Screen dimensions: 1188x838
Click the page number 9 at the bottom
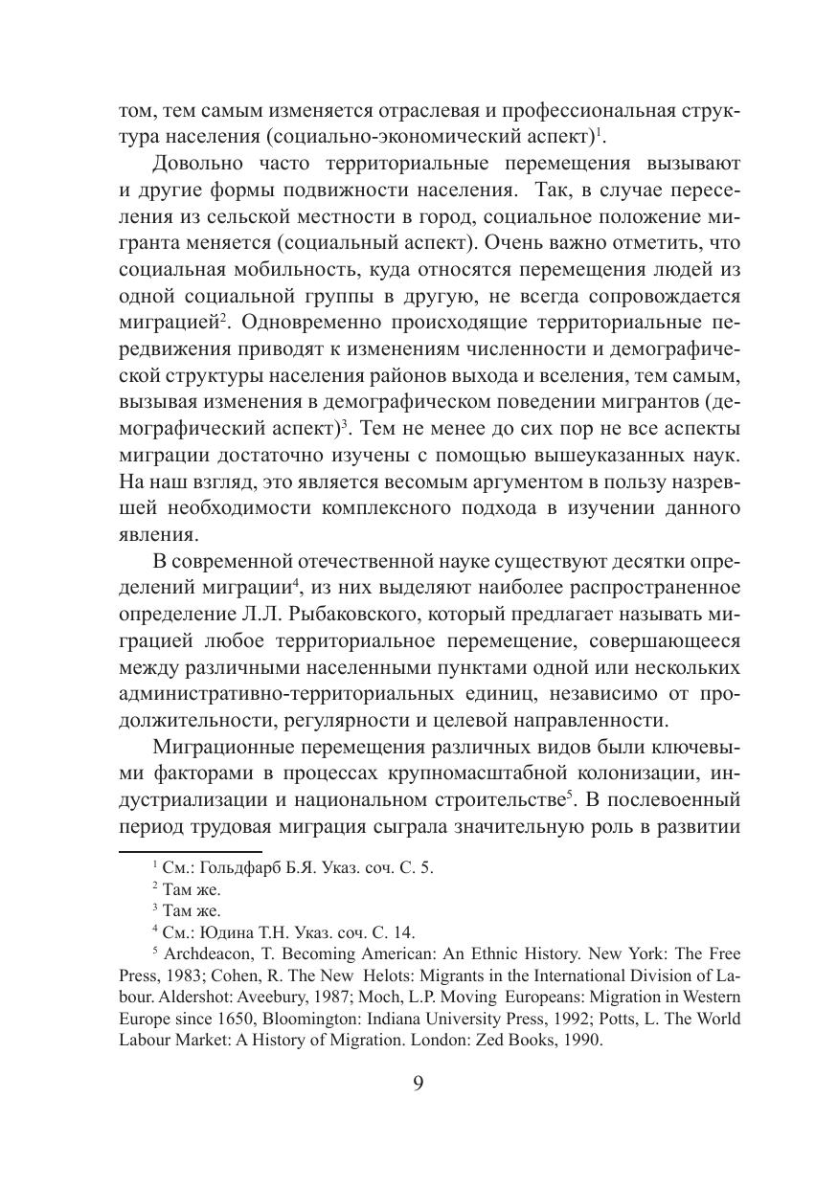[419, 1083]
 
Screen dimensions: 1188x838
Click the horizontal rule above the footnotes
[190, 849]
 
